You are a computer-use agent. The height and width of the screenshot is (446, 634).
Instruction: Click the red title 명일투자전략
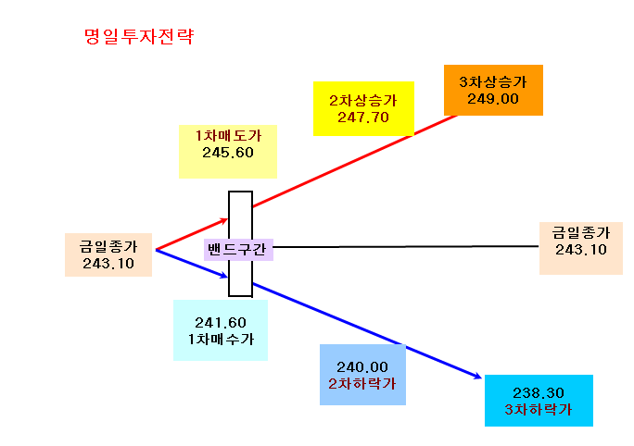click(x=139, y=36)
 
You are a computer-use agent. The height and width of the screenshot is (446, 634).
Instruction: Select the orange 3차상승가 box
click(x=493, y=90)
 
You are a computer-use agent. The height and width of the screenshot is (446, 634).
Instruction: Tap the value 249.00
click(x=493, y=99)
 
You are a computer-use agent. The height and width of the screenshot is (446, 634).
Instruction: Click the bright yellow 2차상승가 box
click(x=363, y=108)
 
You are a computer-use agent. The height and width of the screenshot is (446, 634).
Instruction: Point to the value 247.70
click(x=363, y=118)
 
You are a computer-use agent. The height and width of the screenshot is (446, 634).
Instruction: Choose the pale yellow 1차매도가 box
click(x=228, y=152)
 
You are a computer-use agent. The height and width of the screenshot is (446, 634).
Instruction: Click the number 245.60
click(x=228, y=153)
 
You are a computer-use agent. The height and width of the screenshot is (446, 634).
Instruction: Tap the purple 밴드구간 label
click(x=238, y=250)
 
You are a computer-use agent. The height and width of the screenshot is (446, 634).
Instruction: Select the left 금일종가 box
click(x=108, y=254)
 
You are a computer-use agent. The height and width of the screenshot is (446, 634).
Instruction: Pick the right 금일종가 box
click(x=581, y=248)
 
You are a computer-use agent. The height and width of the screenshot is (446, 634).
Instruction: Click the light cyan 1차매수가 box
click(x=221, y=330)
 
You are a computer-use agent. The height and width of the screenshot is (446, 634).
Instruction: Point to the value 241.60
click(x=221, y=323)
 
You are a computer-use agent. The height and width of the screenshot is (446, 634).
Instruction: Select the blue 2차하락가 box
click(x=362, y=375)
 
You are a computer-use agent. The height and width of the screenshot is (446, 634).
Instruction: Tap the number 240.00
click(x=362, y=367)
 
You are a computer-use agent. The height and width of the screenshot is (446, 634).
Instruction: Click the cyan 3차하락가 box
click(x=539, y=401)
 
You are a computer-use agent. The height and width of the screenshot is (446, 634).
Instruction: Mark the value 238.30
click(x=539, y=392)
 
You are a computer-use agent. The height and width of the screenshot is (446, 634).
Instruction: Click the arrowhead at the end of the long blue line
click(x=478, y=377)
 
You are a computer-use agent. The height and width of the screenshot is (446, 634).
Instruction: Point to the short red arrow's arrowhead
click(x=224, y=220)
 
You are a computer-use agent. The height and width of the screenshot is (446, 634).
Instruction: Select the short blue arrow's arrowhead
click(x=224, y=276)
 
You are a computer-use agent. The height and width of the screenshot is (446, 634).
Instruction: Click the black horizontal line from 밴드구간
click(x=406, y=246)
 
